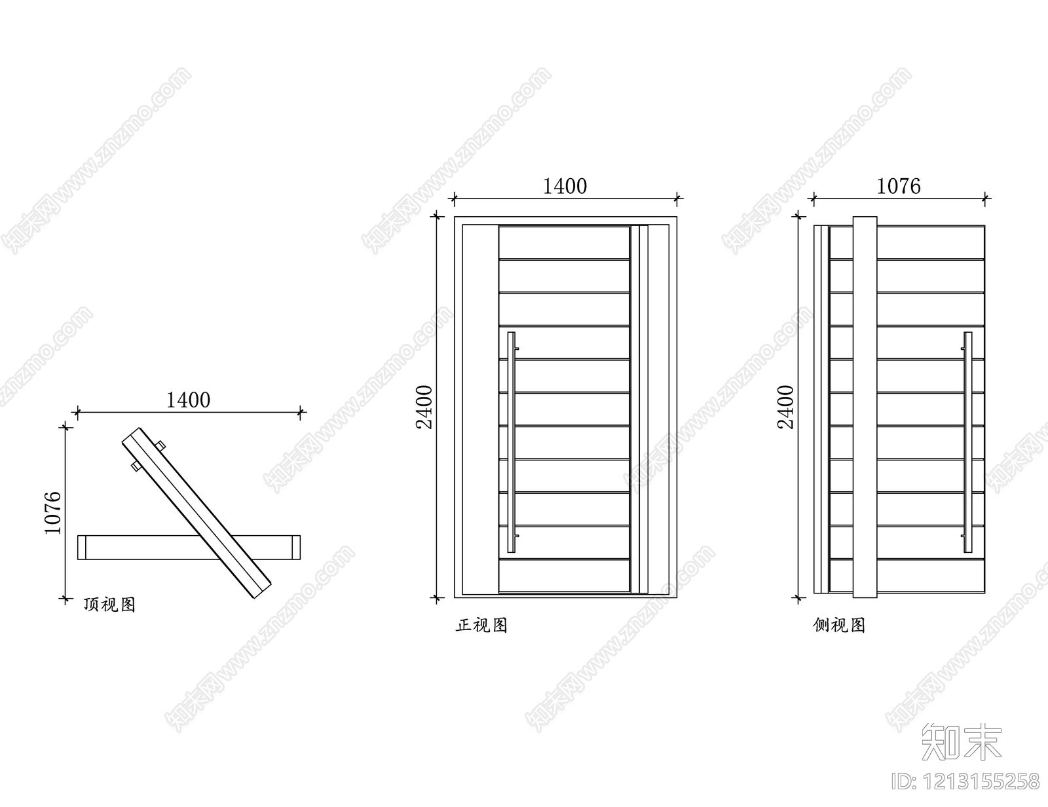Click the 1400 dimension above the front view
pos(565,187)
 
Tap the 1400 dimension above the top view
pos(188,400)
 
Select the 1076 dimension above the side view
pos(898,187)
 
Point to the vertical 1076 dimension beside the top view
pos(53,512)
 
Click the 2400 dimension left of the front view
pos(424,407)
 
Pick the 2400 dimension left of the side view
pos(785,407)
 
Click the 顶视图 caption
pos(109,605)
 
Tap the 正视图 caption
pos(482,626)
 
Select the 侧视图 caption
pos(839,626)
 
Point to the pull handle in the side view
pos(967,442)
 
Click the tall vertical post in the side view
pos(865,407)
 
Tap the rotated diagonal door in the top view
pos(196,513)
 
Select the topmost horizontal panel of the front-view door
pos(564,242)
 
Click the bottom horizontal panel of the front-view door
pos(564,576)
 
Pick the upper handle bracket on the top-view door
pos(160,446)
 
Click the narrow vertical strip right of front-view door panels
pos(639,409)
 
